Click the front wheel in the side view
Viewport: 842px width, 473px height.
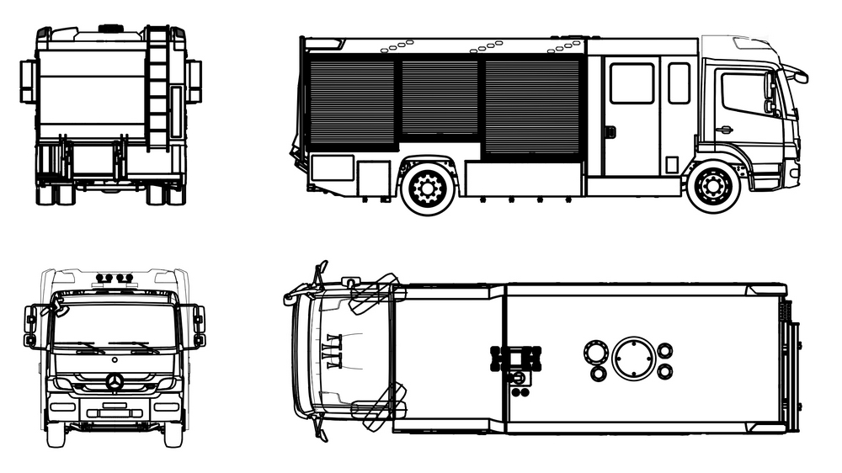(713, 186)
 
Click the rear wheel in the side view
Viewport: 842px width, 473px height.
(428, 187)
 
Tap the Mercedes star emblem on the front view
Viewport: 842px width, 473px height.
(115, 383)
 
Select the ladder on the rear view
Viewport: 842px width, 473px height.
(157, 88)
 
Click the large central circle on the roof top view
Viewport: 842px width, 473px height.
(632, 358)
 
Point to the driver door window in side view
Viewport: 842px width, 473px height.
(744, 93)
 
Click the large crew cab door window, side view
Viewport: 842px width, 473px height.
(631, 83)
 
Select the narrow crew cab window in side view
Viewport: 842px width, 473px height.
(679, 83)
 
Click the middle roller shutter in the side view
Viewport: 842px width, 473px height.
(440, 97)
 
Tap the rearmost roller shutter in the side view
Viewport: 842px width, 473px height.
(352, 103)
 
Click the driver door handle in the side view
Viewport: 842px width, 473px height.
(723, 130)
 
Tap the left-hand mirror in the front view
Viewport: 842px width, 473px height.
(31, 327)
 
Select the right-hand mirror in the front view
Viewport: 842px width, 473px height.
(199, 327)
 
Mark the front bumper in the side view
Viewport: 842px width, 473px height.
(792, 173)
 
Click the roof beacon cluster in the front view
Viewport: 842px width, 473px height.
(115, 277)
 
